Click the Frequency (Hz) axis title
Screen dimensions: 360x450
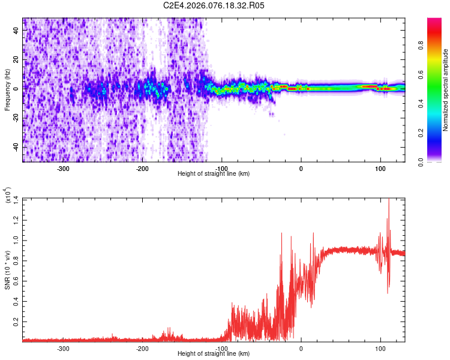point(7,90)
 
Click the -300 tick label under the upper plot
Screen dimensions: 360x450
point(63,168)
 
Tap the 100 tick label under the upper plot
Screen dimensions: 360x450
point(380,168)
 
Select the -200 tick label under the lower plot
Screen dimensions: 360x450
point(142,348)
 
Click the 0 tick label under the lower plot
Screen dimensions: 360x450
point(301,348)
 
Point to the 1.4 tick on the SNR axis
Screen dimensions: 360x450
point(16,199)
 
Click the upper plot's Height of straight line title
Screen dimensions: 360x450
point(214,173)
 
